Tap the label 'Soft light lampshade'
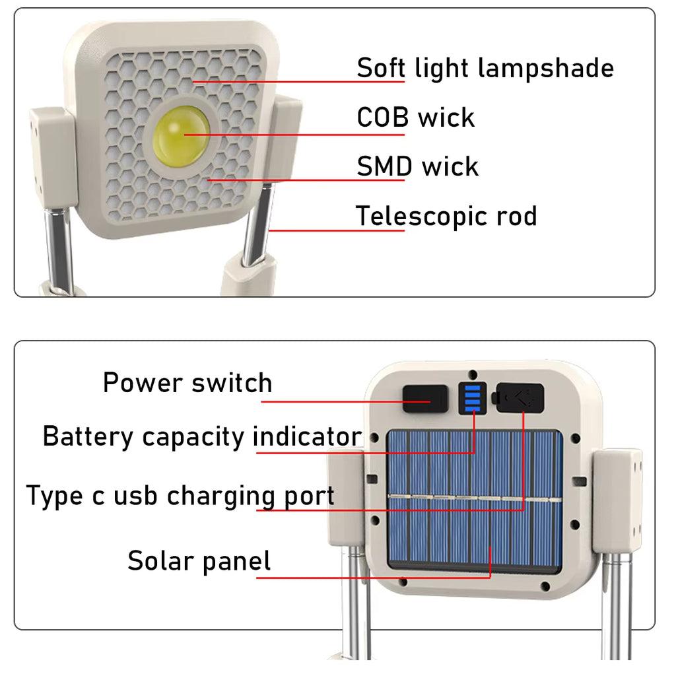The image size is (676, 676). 485,68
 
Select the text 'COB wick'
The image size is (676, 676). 415,118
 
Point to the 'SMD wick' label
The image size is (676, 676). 417,166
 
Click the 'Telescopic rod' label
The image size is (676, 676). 446,216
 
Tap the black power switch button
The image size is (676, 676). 417,399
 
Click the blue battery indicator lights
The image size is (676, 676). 473,398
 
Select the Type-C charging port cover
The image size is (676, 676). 520,397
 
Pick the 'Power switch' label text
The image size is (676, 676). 187,383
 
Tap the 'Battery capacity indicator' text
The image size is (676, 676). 202,437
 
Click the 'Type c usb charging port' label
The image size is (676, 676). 180,496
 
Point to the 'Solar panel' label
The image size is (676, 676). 199,561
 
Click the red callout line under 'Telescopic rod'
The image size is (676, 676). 337,230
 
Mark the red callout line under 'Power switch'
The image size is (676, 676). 317,400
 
